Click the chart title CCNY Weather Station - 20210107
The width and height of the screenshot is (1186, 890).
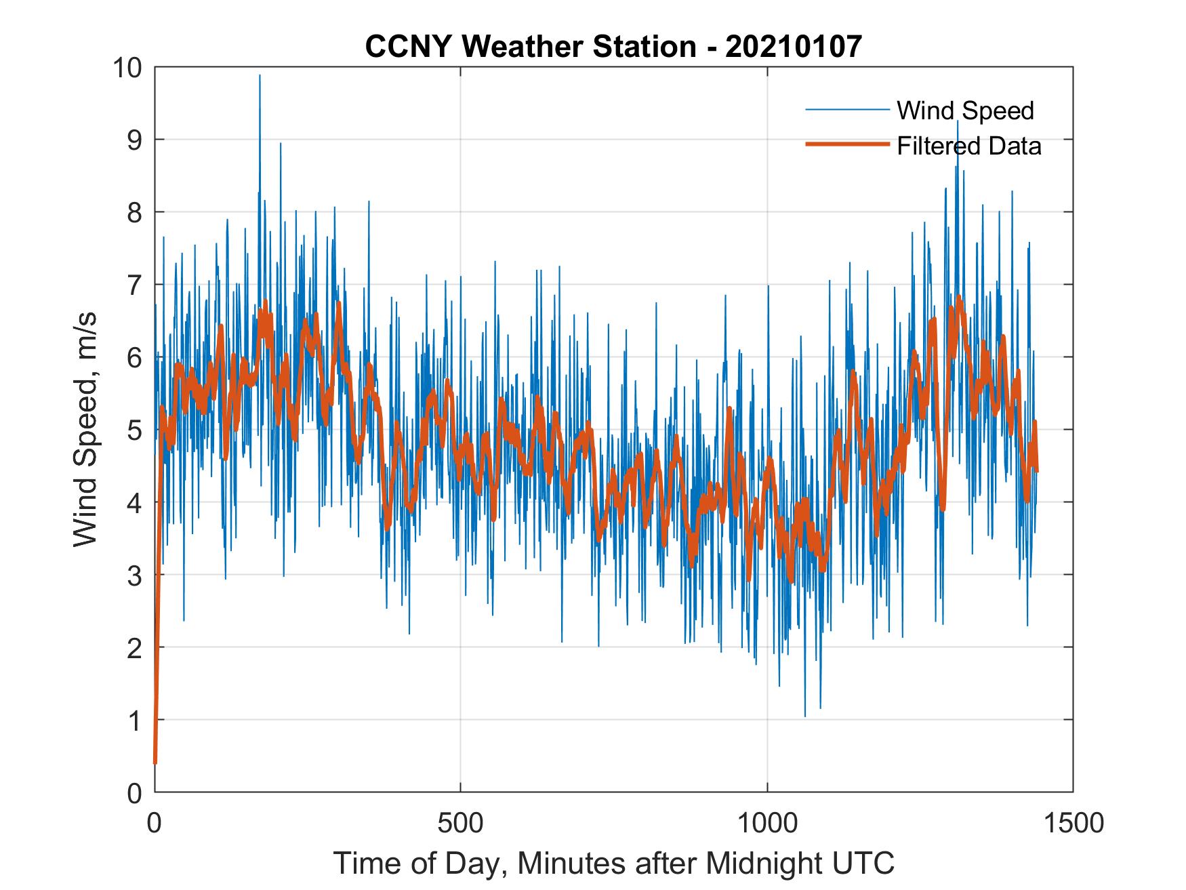pos(613,47)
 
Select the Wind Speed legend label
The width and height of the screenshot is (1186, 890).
pos(965,110)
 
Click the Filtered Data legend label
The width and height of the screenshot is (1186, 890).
pos(968,146)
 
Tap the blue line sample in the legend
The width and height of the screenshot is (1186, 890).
pos(846,110)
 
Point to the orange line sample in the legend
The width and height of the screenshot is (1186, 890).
pos(846,144)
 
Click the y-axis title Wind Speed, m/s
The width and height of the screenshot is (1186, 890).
pos(85,429)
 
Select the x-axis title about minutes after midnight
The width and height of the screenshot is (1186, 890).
pos(613,863)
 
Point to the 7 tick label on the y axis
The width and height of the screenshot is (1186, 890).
pos(134,285)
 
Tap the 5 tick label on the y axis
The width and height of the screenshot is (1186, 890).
pos(134,430)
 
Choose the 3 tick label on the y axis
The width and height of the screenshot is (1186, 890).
pos(134,575)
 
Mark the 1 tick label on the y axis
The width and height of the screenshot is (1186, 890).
pos(134,720)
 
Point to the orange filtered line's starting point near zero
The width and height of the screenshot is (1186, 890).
pos(155,762)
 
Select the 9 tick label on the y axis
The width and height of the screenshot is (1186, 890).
pos(134,140)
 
